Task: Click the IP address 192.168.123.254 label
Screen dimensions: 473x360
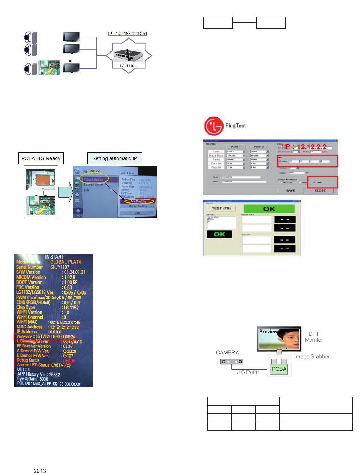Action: pos(128,34)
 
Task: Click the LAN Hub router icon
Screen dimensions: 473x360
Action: pos(128,54)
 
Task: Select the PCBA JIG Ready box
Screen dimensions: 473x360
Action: pos(41,158)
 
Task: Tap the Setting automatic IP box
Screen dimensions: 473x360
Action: pos(115,158)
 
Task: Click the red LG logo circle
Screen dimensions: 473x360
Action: pos(214,126)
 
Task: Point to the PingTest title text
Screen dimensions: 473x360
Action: pos(236,126)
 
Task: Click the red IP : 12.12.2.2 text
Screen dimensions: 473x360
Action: pos(305,147)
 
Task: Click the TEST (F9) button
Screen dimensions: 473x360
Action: pos(221,208)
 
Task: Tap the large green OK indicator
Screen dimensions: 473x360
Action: pos(269,209)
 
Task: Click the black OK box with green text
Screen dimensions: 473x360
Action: pos(219,234)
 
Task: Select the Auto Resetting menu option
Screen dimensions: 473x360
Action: pos(138,201)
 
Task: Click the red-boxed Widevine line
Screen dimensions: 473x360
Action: pos(45,336)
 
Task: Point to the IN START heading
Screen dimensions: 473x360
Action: pos(54,257)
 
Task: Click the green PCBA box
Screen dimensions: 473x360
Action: pos(279,369)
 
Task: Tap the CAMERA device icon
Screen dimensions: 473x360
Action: pos(231,362)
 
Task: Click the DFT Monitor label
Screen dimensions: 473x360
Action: pos(314,337)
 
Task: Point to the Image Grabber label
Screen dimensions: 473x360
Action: pos(312,357)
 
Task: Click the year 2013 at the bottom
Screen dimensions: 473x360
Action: pos(40,471)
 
